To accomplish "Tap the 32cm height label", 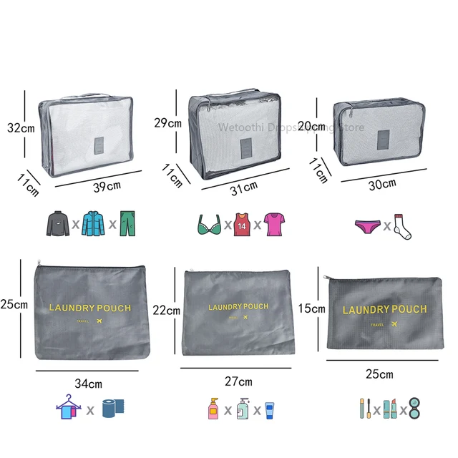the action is [21, 128].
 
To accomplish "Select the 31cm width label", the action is [243, 187].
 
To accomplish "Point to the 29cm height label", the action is [168, 122].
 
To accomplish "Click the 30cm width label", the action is [382, 184].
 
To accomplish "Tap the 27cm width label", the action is [238, 381].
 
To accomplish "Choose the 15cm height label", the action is [311, 309].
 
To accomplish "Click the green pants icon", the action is [127, 224].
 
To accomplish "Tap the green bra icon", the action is [208, 225].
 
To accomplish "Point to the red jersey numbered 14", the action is [242, 225].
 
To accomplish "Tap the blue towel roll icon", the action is [113, 409].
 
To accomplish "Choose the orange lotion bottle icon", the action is [213, 409].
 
